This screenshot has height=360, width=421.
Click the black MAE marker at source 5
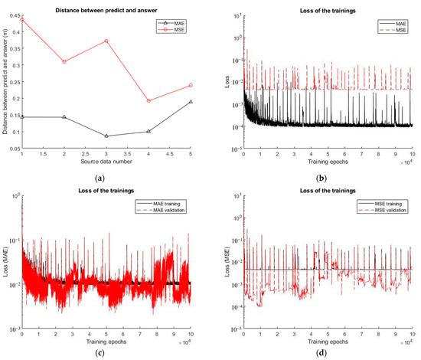pos(190,102)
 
